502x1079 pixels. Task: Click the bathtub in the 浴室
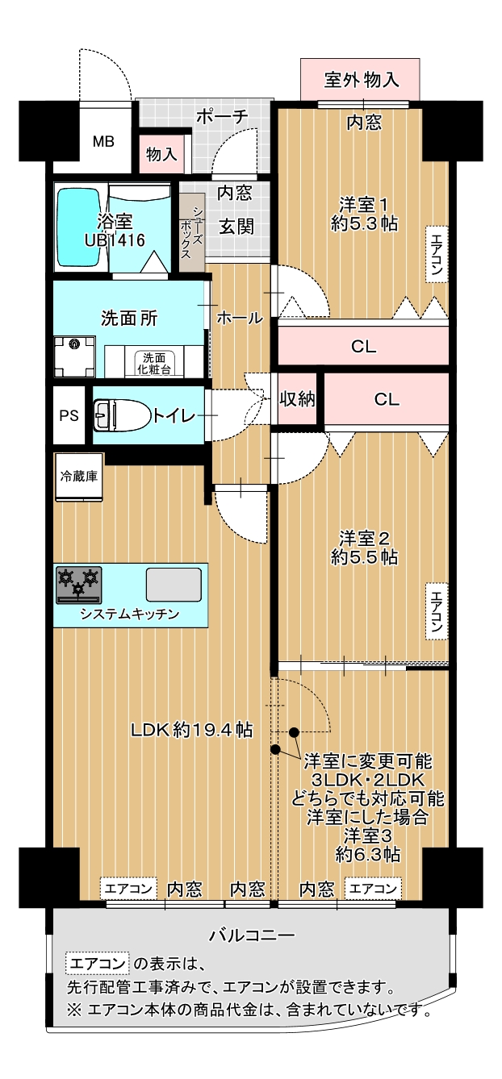(79, 227)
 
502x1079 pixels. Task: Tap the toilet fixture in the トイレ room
(123, 415)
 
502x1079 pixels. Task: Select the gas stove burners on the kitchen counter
(78, 585)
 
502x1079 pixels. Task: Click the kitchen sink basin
(174, 585)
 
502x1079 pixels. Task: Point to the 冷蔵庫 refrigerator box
(78, 477)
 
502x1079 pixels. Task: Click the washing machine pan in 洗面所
(75, 357)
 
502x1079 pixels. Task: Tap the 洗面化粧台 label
(154, 363)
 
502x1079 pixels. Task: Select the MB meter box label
(103, 142)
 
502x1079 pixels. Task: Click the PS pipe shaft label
(69, 415)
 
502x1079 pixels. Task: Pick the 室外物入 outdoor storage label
(362, 80)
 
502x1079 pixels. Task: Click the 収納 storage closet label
(298, 399)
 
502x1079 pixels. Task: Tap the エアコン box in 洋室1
(437, 254)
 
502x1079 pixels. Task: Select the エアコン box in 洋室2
(437, 610)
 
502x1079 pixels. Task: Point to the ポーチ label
(222, 117)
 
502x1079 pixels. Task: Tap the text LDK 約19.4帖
(192, 730)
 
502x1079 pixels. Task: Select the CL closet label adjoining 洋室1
(364, 346)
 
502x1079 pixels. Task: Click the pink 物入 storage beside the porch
(161, 154)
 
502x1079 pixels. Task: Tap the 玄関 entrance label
(236, 227)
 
